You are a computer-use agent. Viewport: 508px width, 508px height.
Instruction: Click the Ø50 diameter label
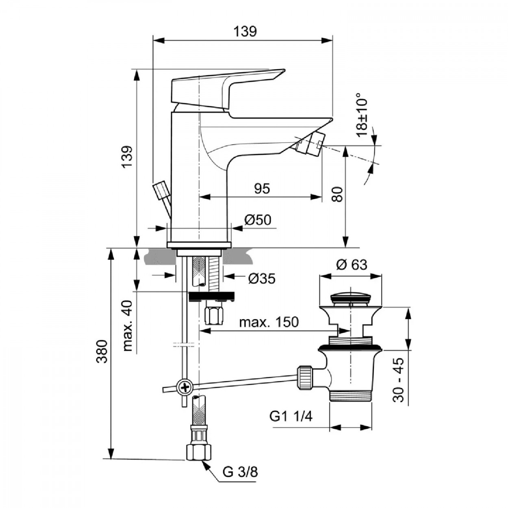tap(258, 220)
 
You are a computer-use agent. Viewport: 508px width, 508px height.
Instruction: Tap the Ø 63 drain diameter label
tap(352, 265)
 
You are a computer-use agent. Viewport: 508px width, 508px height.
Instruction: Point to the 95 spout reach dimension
tap(262, 189)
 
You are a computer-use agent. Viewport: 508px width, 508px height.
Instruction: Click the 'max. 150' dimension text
tap(268, 322)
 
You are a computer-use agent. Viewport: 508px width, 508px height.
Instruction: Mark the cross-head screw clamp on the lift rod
tap(185, 386)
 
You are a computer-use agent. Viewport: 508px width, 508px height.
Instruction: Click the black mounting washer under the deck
tap(213, 296)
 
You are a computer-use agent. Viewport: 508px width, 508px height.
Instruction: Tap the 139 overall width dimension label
tap(245, 31)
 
